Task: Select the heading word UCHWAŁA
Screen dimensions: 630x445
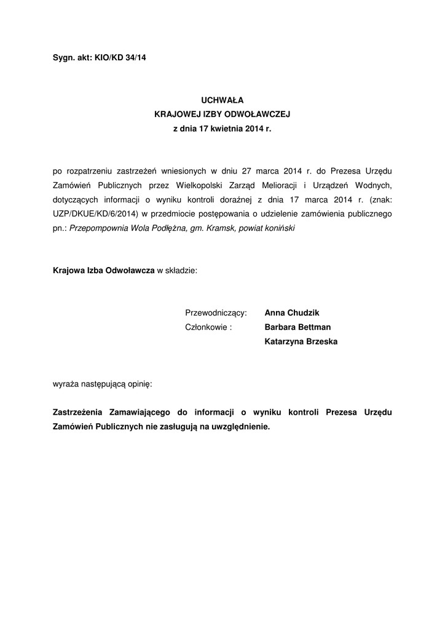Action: pos(222,98)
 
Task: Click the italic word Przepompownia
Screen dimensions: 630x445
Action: pos(98,228)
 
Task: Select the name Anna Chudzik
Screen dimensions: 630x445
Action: pos(292,313)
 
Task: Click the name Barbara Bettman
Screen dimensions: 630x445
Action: pos(297,327)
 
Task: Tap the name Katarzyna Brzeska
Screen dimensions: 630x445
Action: pos(301,341)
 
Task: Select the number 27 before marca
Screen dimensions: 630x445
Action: pos(246,170)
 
